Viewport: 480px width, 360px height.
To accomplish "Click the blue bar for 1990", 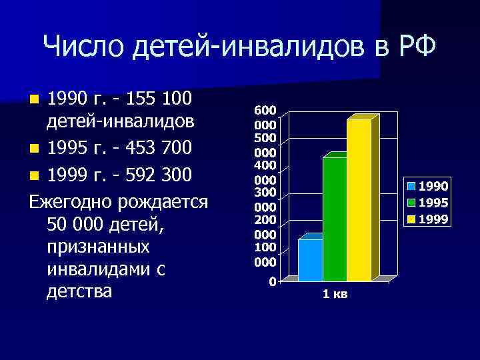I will (310, 260).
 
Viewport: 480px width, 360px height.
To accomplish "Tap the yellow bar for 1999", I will (359, 200).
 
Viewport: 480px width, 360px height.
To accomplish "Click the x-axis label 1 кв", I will (335, 294).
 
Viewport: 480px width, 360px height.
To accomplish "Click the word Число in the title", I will (84, 47).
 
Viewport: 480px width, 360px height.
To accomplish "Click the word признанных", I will (98, 246).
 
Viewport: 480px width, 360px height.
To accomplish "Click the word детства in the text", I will (79, 291).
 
